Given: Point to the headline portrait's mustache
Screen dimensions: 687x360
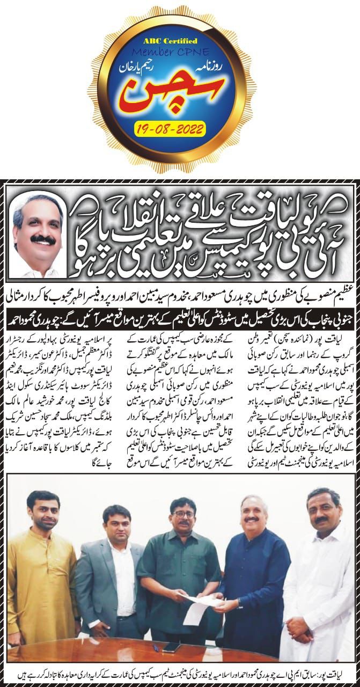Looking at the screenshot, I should tap(43, 239).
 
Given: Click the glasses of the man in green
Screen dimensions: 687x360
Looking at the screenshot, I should tap(183, 514).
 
